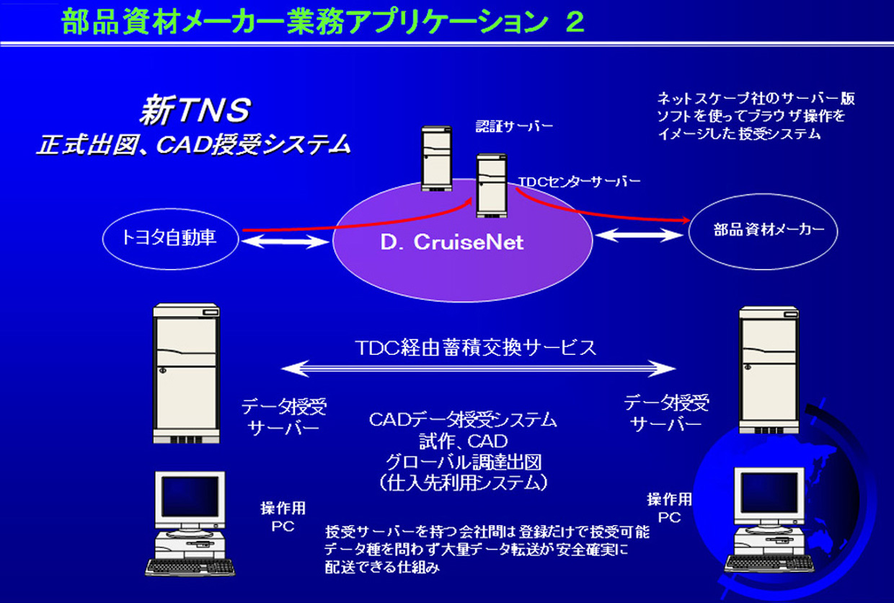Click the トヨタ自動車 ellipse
point(170,237)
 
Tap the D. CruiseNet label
point(452,243)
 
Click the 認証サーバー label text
point(514,127)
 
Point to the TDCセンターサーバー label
point(579,182)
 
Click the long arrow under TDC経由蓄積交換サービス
point(479,369)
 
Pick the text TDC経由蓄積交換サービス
point(477,348)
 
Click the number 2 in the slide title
point(575,22)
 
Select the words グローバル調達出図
point(463,462)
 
